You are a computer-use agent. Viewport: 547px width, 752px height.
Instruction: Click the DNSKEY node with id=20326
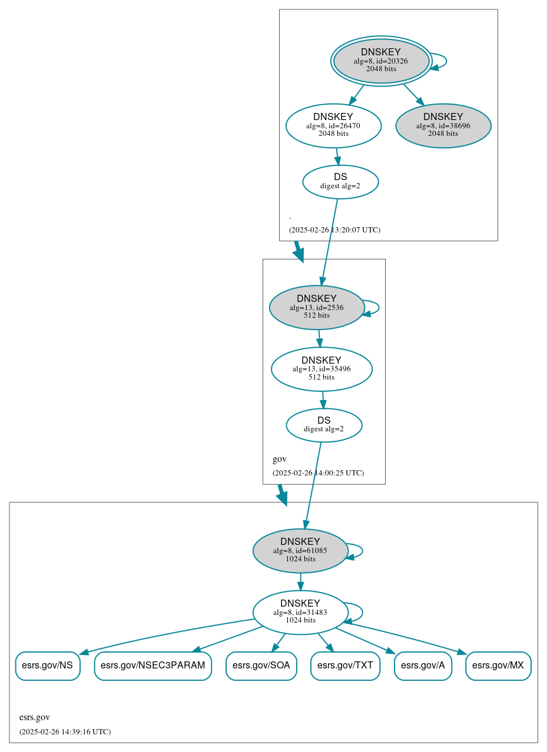coord(381,61)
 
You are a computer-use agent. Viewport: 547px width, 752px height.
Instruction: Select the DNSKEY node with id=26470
coord(333,125)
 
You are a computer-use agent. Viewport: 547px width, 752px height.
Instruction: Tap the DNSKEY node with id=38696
coord(443,125)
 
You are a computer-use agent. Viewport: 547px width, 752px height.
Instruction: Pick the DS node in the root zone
coord(340,182)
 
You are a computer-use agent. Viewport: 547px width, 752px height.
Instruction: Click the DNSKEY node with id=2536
coord(317,307)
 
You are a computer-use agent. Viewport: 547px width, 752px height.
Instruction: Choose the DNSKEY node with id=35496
coord(321,369)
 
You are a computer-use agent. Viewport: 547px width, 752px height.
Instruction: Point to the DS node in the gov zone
coord(324,425)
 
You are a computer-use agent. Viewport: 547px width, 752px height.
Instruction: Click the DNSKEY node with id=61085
coord(300,551)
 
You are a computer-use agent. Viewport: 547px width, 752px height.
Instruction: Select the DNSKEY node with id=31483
coord(300,613)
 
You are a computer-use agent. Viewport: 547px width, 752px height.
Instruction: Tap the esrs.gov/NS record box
coord(47,666)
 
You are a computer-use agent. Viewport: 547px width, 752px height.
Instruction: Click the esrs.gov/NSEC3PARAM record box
coord(153,666)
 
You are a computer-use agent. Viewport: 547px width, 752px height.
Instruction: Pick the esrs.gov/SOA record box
coord(261,666)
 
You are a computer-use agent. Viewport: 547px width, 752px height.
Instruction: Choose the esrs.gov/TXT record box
coord(346,666)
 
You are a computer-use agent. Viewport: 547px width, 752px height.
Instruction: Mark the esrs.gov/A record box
coord(423,666)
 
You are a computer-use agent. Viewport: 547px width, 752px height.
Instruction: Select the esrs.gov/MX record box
coord(498,666)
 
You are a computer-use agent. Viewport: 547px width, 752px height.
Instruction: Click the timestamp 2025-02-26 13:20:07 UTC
coord(334,230)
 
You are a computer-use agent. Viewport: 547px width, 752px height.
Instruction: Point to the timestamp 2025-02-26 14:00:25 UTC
coord(318,473)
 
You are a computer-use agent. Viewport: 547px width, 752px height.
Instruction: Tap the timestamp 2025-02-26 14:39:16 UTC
coord(65,732)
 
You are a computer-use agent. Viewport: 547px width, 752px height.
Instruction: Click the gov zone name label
coord(280,459)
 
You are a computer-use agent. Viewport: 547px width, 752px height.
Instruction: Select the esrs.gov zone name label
coord(35,717)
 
